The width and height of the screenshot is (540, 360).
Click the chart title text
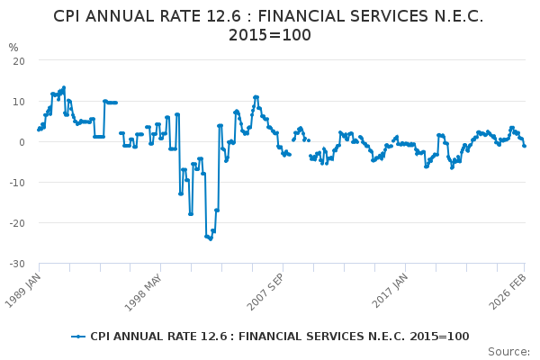tap(269, 25)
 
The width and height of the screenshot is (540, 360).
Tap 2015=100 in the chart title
tap(269, 35)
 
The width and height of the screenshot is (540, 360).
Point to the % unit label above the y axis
tap(13, 48)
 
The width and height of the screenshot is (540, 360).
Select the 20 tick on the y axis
tap(18, 60)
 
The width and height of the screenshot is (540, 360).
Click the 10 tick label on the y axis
tap(18, 101)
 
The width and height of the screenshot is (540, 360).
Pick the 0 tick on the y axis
tap(21, 141)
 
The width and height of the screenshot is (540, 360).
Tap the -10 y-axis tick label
tap(16, 182)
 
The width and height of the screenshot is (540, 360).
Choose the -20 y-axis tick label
tap(16, 222)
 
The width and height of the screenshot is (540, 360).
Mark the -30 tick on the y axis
tap(16, 263)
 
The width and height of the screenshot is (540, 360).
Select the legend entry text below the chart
tap(279, 337)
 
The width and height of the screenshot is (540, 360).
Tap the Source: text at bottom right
tap(509, 351)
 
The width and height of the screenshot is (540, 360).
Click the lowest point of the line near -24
tap(211, 238)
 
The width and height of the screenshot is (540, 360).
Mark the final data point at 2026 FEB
tap(525, 145)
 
